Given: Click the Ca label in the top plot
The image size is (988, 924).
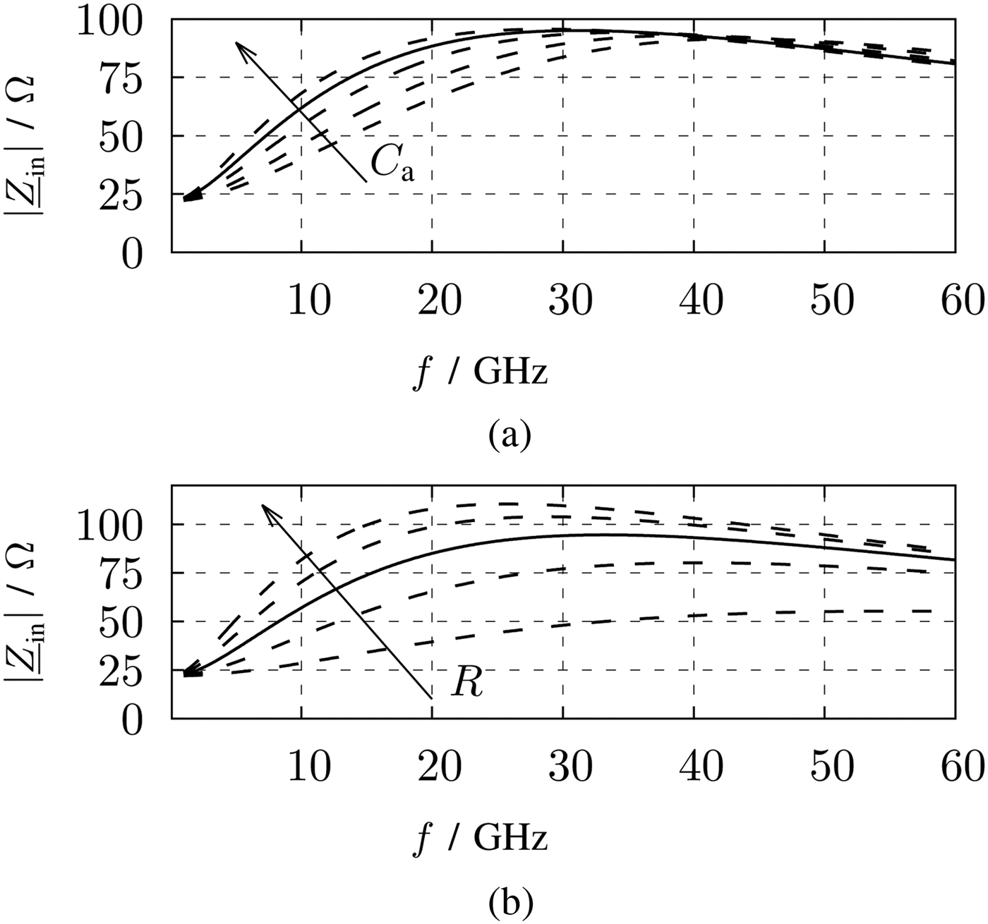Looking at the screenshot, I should [392, 166].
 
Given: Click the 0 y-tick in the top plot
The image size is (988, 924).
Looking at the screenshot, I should [131, 253].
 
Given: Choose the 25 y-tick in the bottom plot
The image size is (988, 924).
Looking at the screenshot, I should [120, 670].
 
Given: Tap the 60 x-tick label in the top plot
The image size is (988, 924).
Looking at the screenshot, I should [963, 301].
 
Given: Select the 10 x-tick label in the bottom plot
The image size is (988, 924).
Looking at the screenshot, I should [309, 767].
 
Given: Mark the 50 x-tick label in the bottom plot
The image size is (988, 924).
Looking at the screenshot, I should [832, 767].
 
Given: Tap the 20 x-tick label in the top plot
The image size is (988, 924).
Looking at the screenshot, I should [440, 301].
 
